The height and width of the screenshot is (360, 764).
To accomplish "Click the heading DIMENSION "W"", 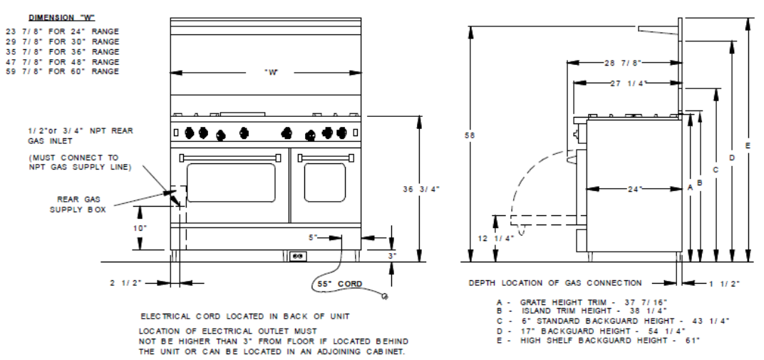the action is coord(62,18).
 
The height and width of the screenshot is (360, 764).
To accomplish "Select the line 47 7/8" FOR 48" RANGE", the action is coord(63,62).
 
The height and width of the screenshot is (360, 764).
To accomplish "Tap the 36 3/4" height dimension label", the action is coord(421,189).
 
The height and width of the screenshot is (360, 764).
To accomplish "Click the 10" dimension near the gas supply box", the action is coord(140,228).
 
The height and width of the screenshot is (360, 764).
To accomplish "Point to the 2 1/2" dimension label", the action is coord(125,282).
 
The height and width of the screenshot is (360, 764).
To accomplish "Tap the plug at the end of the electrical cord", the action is coord(385,296).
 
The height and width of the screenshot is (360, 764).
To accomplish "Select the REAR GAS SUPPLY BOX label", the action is coord(78,205).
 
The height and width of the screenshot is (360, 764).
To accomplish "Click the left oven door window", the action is coord(231,182).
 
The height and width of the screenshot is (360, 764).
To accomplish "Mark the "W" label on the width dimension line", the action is coord(271,73).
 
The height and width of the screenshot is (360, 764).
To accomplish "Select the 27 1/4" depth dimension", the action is coord(628,83).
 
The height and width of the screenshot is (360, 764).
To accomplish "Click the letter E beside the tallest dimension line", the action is coord(748,145).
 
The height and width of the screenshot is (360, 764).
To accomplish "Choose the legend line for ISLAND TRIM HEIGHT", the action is coord(582,311).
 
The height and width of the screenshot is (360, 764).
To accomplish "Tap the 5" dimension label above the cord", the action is coord(312,237).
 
